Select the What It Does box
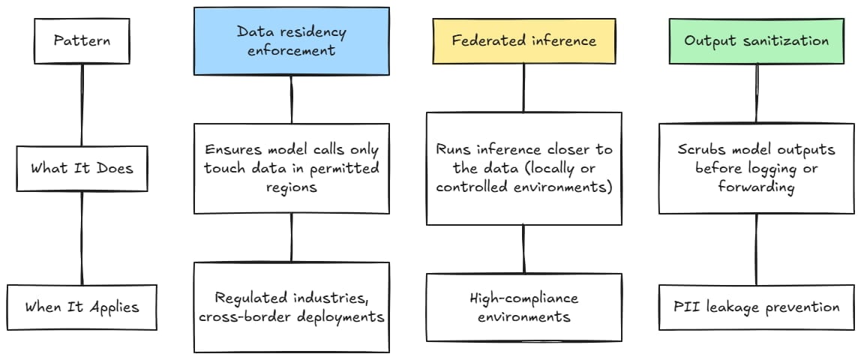pyautogui.click(x=81, y=168)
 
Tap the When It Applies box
pyautogui.click(x=82, y=307)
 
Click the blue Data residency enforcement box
pyautogui.click(x=291, y=41)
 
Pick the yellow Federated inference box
pyautogui.click(x=523, y=40)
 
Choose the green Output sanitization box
pyautogui.click(x=756, y=40)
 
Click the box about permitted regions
pyautogui.click(x=291, y=168)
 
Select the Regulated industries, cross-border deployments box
pyautogui.click(x=291, y=307)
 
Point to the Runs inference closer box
pyautogui.click(x=523, y=168)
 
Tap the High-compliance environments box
pyautogui.click(x=523, y=307)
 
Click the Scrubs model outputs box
pyautogui.click(x=756, y=168)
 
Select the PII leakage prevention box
pyautogui.click(x=756, y=307)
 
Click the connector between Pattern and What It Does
pyautogui.click(x=81, y=106)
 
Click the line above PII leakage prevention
pyautogui.click(x=756, y=249)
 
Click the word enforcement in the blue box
pyautogui.click(x=291, y=51)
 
